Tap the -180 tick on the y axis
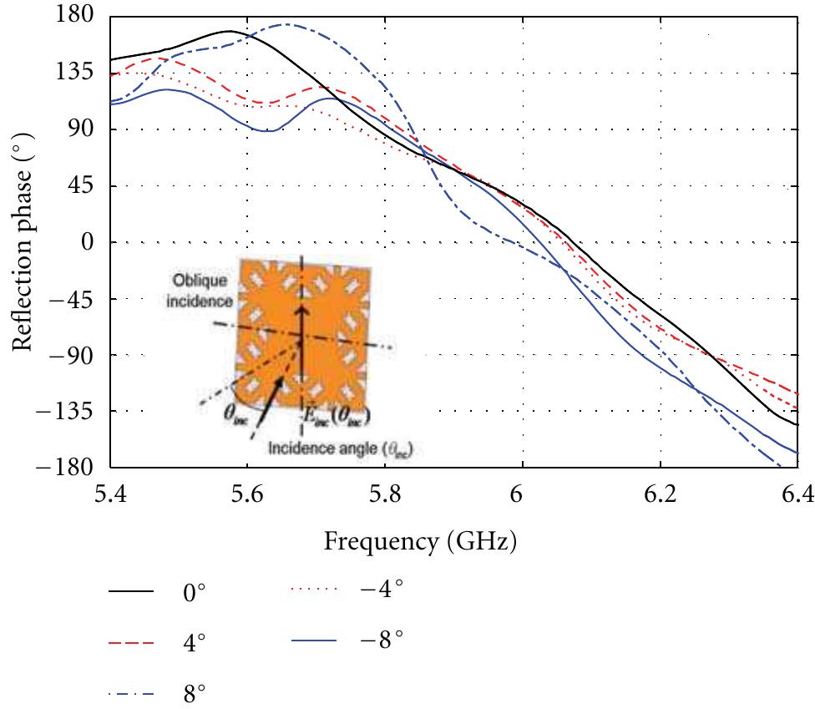point(71,467)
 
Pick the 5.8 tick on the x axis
point(384,494)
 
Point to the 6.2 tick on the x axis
point(660,494)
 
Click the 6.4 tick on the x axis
point(797,494)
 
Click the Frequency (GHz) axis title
point(420,544)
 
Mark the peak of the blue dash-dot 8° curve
point(287,24)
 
